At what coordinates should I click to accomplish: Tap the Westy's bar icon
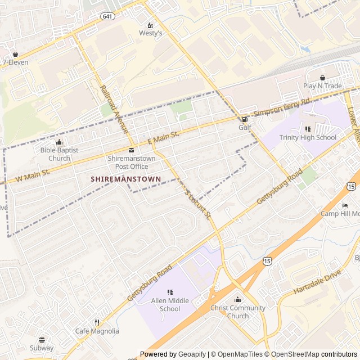pos(150,25)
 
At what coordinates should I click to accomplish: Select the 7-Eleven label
pos(15,62)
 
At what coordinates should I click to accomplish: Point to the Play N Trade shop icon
pos(322,78)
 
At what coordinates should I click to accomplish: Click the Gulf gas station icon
pos(244,119)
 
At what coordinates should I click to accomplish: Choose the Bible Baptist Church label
pos(59,154)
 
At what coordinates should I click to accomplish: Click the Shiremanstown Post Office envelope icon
pos(131,150)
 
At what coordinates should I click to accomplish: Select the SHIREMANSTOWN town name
pos(125,179)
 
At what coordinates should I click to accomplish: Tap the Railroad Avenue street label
pos(114,110)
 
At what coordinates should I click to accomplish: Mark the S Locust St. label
pos(198,204)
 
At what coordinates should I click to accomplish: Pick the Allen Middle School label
pos(170,305)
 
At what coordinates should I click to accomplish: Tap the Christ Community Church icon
pos(237,300)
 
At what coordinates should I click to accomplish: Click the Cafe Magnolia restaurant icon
pos(97,323)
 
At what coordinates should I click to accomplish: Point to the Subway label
pos(42,348)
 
